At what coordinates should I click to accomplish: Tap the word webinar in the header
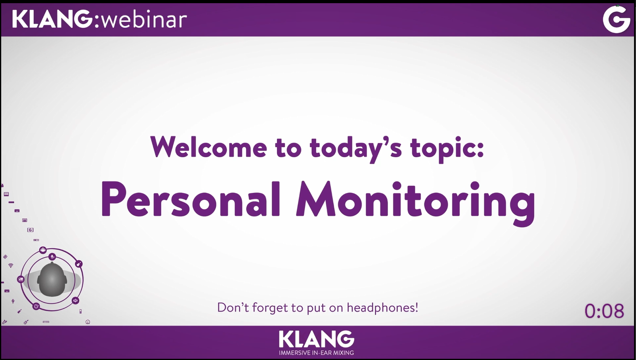coord(144,19)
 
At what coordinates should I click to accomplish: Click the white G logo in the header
coord(617,19)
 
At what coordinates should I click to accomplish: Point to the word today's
coord(355,149)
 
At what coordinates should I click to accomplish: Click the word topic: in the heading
coord(447,149)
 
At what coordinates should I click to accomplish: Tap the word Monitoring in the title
coord(415,202)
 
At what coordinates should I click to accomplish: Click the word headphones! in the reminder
coord(382,308)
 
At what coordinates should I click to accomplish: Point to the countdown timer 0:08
coord(604,311)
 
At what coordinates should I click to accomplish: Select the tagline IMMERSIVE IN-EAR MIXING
coord(316,353)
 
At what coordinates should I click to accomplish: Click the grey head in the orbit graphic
coord(52,280)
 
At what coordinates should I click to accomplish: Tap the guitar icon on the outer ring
coord(78,264)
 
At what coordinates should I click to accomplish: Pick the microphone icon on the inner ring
coord(52,257)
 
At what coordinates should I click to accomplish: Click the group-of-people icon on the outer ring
coord(43,250)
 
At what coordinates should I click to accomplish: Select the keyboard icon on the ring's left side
coord(21,280)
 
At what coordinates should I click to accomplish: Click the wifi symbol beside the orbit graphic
coord(11,265)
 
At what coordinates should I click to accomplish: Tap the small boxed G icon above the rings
coord(31,230)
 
